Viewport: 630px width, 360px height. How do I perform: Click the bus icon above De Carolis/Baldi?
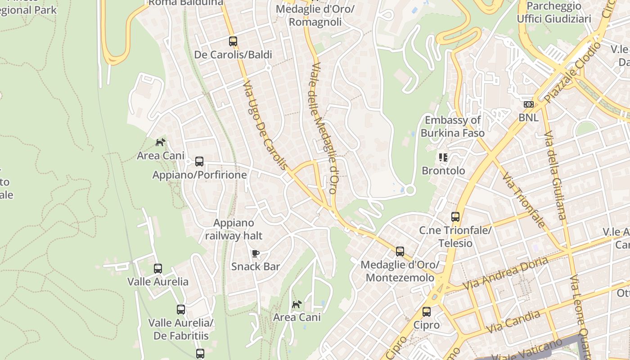[x=233, y=41]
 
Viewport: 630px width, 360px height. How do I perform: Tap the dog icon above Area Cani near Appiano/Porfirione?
[x=160, y=142]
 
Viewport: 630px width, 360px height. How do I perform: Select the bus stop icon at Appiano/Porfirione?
[x=199, y=162]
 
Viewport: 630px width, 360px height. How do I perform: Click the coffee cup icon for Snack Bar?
[x=256, y=253]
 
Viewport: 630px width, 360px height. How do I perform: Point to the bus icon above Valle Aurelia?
[x=158, y=269]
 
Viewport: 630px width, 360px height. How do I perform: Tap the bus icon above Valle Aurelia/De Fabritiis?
[x=181, y=310]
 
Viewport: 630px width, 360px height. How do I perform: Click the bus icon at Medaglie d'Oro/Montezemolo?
[x=400, y=252]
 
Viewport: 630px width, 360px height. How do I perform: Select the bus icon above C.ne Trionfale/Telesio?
[x=455, y=217]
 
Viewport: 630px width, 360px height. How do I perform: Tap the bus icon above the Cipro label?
[x=427, y=312]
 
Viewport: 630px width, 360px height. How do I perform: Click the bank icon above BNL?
[x=529, y=104]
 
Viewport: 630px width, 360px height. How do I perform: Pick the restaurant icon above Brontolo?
[x=443, y=157]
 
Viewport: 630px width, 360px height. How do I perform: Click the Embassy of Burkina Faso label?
[x=453, y=126]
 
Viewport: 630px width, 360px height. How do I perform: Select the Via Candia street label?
[x=513, y=322]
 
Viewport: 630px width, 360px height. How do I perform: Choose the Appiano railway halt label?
[x=234, y=229]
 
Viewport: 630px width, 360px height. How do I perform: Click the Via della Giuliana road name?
[x=554, y=175]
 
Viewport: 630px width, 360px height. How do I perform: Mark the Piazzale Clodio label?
[x=572, y=72]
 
